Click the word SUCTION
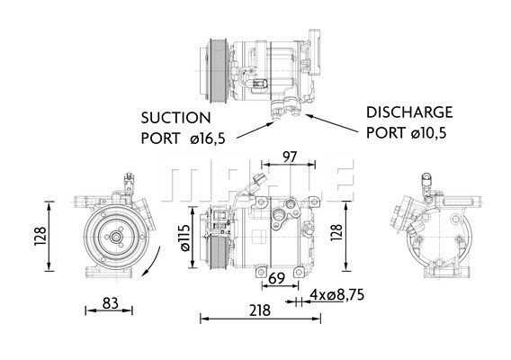point(175,118)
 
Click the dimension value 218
point(259,310)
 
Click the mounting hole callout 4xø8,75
point(338,293)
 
